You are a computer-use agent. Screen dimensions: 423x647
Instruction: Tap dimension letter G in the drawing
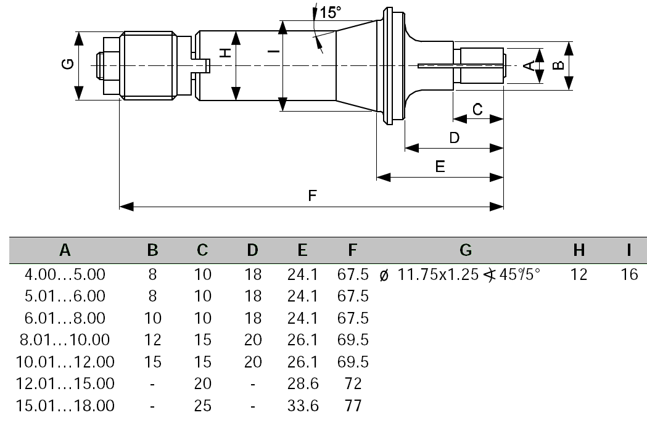coord(68,65)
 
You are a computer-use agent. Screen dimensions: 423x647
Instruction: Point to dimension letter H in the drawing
coord(226,54)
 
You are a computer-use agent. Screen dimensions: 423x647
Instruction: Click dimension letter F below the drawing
coord(312,195)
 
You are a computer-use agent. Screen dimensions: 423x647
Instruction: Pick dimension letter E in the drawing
coord(440,166)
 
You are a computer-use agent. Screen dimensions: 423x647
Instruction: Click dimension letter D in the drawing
coord(454,138)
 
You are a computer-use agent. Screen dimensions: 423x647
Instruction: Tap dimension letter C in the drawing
coord(477,109)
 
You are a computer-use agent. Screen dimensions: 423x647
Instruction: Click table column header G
coord(466,250)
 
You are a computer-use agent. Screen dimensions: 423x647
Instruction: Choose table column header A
coord(65,250)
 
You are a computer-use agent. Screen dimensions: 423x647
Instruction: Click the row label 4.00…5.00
coord(65,274)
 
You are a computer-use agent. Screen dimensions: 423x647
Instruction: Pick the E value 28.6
coord(302,384)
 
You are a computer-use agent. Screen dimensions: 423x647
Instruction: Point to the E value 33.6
coord(302,406)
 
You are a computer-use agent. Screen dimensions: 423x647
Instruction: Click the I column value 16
coord(629,274)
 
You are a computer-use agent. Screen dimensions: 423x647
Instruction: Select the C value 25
coord(202,406)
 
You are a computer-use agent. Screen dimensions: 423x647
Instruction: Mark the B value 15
coord(152,361)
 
